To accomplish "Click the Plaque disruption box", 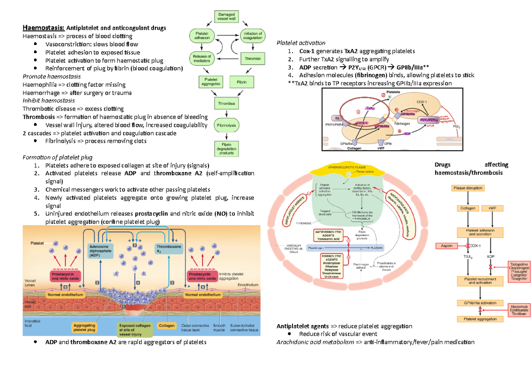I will coord(468,188).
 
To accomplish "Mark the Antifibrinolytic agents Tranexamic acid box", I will coord(329,235).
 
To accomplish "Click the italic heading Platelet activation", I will coord(300,43).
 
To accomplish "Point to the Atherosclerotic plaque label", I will coord(349,167).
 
